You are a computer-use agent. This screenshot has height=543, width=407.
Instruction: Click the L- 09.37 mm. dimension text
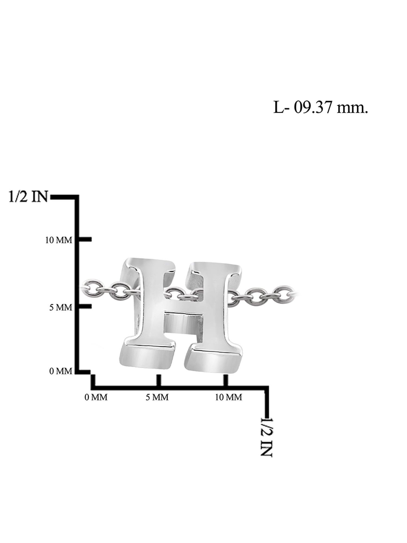point(320,108)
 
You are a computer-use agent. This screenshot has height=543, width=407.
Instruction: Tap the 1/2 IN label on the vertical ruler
point(28,196)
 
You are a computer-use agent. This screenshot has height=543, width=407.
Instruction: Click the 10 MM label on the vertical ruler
point(59,240)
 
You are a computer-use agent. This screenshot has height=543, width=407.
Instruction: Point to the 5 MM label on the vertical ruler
point(61,307)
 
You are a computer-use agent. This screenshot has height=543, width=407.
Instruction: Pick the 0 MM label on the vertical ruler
point(61,371)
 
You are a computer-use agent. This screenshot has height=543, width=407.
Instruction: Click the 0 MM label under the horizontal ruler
point(96,397)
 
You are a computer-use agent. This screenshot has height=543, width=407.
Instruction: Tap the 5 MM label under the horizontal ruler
point(157,397)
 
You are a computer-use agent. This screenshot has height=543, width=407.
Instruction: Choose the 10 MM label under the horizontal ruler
point(228,397)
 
